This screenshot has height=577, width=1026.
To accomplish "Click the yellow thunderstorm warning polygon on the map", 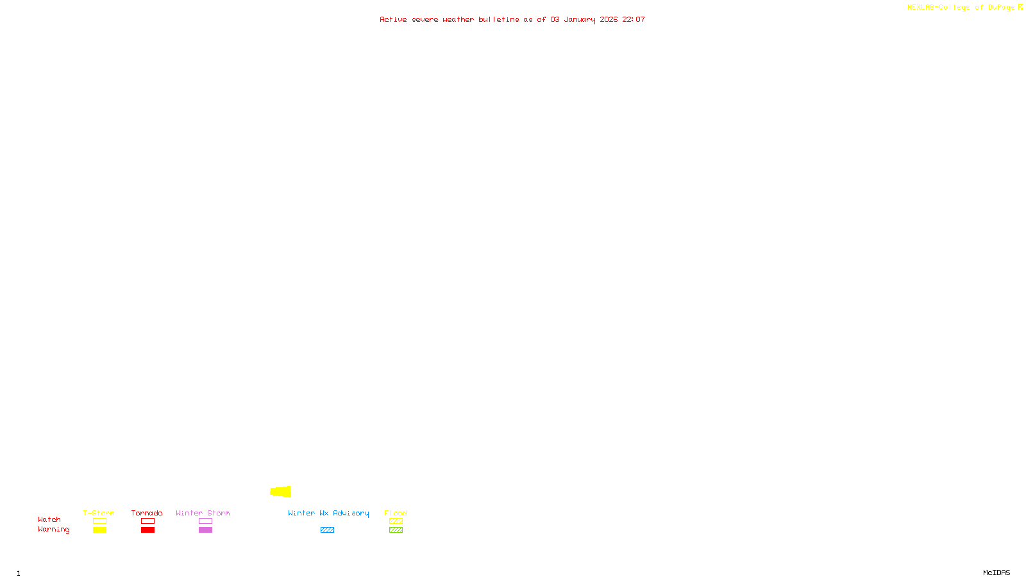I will coord(281,492).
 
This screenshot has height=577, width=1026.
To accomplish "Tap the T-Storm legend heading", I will coord(99,513).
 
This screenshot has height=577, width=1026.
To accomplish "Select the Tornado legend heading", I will coord(147,513).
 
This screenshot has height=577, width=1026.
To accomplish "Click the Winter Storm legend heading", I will coord(203,513).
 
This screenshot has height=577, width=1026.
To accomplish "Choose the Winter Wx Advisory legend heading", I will coord(328,513).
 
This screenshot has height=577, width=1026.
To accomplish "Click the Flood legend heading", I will coord(396,513).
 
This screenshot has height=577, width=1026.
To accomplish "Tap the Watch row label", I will coord(49,519).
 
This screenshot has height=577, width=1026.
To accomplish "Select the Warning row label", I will coord(53,530).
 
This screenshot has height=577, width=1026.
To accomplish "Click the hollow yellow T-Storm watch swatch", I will coord(99,521).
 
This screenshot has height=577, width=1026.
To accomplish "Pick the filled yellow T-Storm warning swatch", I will coord(99,530).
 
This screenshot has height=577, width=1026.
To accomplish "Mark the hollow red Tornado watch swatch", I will coord(147,521).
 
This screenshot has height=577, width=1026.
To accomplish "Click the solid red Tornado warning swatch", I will coord(147,530).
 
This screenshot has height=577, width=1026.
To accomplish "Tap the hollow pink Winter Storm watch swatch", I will coord(205,521).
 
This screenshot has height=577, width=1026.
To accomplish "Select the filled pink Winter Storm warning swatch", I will coord(205,530).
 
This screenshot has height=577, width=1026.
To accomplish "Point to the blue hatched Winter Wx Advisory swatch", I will coord(327,530).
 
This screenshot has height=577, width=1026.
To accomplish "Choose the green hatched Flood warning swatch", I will coord(396,530).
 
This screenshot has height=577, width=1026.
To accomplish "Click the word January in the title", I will coord(580,19).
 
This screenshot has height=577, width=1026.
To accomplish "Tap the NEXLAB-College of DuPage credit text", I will coord(961,8).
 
